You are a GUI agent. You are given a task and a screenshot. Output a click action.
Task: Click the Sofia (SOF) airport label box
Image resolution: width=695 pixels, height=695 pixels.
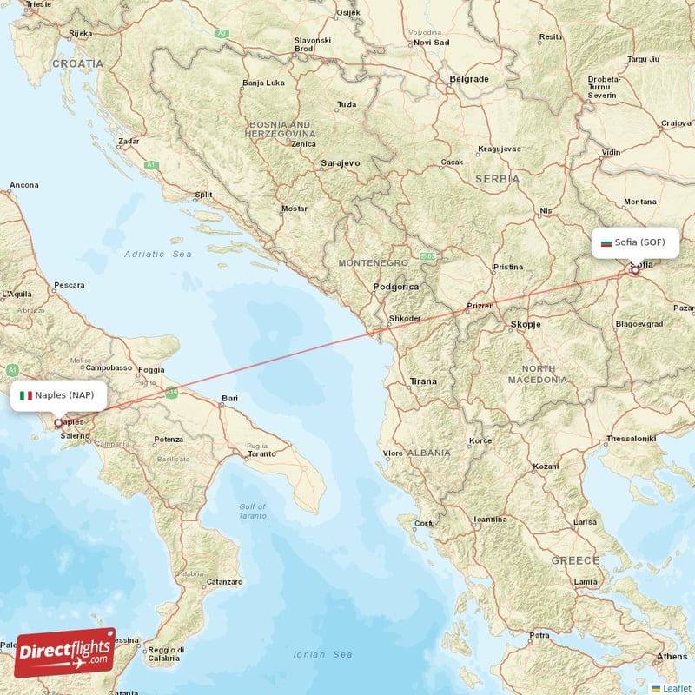[635, 242]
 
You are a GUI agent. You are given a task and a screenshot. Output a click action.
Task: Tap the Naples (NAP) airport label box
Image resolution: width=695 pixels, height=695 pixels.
[60, 395]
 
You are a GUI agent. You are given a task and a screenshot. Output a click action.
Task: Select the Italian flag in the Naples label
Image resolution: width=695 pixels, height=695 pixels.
[26, 395]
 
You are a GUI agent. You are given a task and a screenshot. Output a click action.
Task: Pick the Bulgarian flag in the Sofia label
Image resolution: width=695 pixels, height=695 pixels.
[606, 242]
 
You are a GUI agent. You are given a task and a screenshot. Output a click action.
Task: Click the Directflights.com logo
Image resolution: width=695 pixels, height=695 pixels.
[65, 652]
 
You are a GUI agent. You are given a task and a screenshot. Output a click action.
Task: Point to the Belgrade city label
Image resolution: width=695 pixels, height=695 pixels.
[468, 79]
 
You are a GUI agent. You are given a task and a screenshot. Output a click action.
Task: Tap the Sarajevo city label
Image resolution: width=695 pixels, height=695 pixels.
[340, 162]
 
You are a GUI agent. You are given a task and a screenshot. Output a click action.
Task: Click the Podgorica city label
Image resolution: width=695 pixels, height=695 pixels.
[395, 287]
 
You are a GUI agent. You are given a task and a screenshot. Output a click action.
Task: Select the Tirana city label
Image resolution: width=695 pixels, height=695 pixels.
[423, 381]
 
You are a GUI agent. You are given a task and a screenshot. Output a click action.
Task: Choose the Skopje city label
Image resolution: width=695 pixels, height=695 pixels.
[524, 324]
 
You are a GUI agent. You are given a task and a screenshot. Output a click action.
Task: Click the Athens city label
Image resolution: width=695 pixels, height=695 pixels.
[672, 656]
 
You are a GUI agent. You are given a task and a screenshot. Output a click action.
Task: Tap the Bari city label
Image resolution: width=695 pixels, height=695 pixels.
[229, 399]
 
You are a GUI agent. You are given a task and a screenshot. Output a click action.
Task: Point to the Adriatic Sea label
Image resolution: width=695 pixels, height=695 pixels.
[157, 254]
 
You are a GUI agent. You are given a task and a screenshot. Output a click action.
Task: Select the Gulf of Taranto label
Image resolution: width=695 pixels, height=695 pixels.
[253, 511]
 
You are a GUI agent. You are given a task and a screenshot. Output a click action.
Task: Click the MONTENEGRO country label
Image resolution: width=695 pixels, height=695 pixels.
[373, 262]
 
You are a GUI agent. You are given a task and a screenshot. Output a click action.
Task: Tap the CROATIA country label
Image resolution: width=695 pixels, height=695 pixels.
[77, 63]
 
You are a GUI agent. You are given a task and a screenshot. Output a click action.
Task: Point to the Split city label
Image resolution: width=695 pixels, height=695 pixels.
[203, 195]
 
